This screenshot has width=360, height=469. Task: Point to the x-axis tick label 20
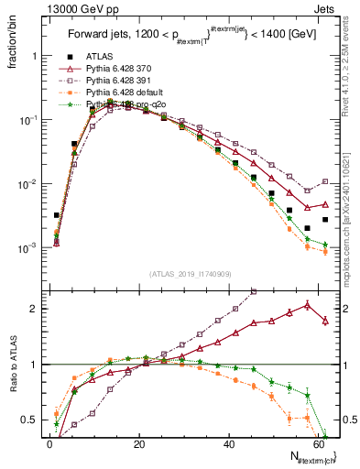pos(139,444)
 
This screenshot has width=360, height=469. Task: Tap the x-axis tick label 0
pos(50,444)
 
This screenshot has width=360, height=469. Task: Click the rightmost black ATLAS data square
pos(325,220)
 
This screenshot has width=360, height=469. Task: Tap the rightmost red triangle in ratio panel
pos(325,321)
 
